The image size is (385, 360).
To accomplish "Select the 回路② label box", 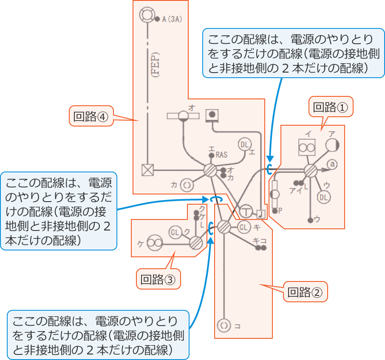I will point(305,292).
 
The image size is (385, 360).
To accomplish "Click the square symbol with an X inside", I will point(147,170).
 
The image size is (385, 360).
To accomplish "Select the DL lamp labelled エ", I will point(244,145).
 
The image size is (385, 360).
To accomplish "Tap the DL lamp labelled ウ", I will point(324,197).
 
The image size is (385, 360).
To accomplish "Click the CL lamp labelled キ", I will point(243,227).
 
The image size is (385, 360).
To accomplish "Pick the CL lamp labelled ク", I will point(175,232).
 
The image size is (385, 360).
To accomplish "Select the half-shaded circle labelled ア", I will point(332,145).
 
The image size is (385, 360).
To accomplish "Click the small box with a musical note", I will point(261,213).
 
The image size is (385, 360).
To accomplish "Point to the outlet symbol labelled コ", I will point(224,326).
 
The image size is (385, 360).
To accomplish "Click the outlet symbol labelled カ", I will point(187,185).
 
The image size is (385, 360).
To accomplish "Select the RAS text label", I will point(222,155).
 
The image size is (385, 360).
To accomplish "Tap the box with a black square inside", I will point(212,114).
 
